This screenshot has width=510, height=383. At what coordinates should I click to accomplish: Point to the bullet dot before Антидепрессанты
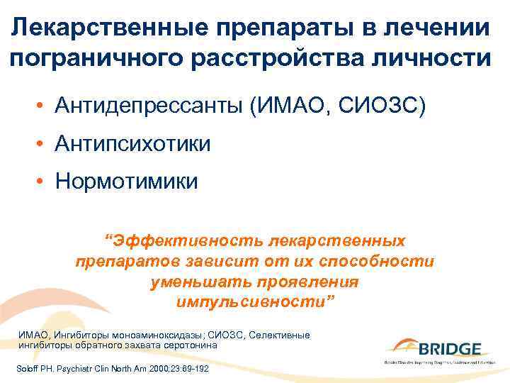click(x=44, y=107)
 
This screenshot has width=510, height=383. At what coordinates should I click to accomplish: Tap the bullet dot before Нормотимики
click(x=44, y=182)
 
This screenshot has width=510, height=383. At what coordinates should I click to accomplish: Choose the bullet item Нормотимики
click(x=127, y=182)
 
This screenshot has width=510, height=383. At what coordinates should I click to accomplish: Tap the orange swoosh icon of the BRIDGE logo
click(x=402, y=345)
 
